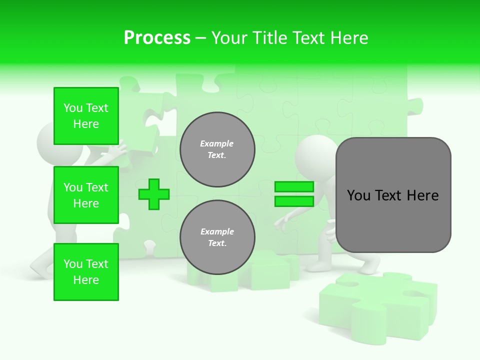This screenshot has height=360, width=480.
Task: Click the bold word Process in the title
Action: tap(157, 38)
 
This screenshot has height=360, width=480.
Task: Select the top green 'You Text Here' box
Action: tap(86, 116)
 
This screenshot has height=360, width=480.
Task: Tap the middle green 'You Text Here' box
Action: tap(86, 195)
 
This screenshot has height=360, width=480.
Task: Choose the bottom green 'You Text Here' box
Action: tap(86, 272)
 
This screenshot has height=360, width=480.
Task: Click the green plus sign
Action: tap(154, 194)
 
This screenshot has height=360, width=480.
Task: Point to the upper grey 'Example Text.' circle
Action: tap(217, 149)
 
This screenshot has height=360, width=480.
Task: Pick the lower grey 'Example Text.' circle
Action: tap(217, 237)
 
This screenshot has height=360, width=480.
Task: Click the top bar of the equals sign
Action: tap(294, 187)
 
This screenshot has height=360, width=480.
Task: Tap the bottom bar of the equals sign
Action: tap(294, 201)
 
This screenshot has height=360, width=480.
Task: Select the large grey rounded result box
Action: tap(393, 195)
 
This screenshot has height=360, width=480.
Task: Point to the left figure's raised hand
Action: tap(120, 150)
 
